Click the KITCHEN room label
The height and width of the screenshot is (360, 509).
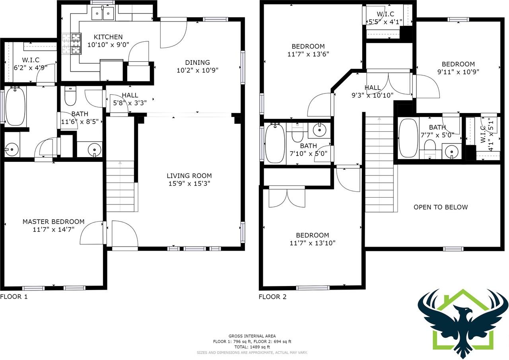pos(108,37)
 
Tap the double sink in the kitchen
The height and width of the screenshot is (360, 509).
pos(103,13)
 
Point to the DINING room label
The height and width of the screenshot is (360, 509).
pos(198,62)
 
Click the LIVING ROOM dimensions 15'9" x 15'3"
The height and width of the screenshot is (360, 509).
pos(189,183)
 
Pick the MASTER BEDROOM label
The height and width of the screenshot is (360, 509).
pos(53,222)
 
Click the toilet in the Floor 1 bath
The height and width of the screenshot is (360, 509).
pos(70,96)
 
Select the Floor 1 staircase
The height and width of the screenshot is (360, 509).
pos(120,186)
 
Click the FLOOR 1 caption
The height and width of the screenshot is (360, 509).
pos(14,297)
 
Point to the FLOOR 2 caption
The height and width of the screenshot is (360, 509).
pos(273,297)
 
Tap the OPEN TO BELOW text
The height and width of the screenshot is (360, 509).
pos(441,207)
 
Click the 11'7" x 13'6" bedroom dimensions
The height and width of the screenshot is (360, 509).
pos(308,54)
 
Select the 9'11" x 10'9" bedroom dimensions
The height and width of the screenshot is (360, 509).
pos(458,72)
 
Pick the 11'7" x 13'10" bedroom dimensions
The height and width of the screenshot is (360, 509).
pos(313,243)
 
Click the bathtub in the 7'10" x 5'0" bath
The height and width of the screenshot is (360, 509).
pos(275,143)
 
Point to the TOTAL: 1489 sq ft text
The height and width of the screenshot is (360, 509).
pos(252,347)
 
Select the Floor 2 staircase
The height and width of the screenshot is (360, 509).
pos(379,165)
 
